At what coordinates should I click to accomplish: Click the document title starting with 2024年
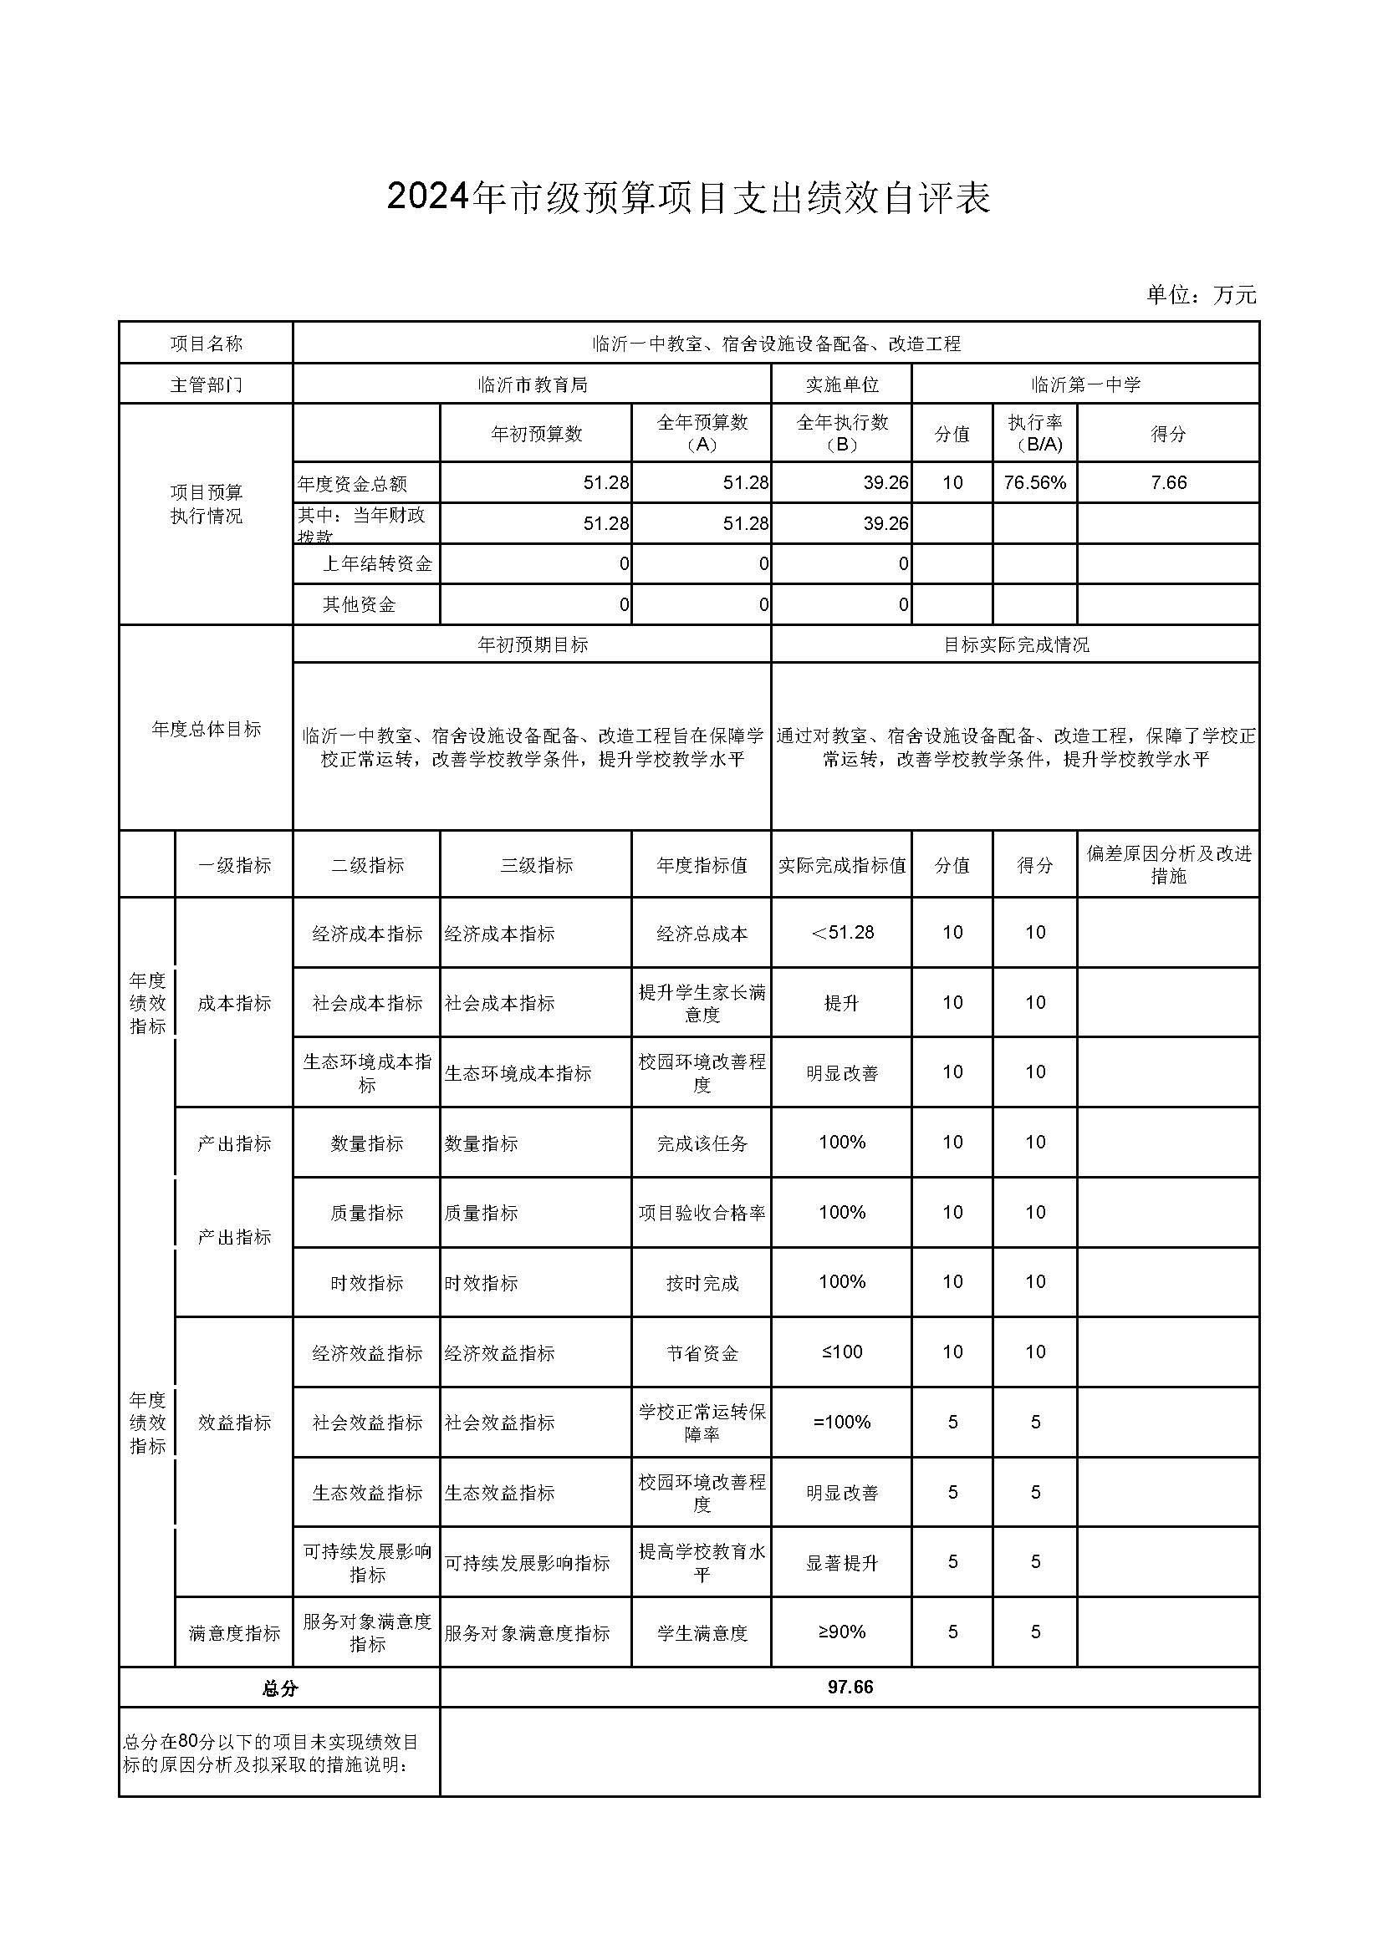[x=688, y=197]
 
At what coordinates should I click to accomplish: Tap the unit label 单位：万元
[x=1201, y=295]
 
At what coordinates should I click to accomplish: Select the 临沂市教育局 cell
[x=533, y=384]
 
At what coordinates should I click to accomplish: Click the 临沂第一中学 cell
[x=1085, y=384]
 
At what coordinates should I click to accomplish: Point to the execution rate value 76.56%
[x=1034, y=483]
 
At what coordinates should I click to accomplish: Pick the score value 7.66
[x=1167, y=483]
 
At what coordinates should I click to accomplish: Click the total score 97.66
[x=850, y=1687]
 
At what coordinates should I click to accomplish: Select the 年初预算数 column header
[x=536, y=435]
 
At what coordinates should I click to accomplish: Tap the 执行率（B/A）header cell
[x=1034, y=434]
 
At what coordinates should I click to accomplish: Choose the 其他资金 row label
[x=359, y=604]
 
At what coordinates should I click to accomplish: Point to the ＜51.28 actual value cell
[x=841, y=933]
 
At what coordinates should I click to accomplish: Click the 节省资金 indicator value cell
[x=702, y=1353]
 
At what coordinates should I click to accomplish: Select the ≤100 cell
[x=841, y=1352]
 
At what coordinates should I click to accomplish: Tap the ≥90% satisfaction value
[x=841, y=1632]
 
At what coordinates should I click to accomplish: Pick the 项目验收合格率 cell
[x=702, y=1214]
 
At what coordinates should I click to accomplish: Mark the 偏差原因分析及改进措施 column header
[x=1167, y=865]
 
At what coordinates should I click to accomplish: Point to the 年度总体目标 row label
[x=206, y=729]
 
